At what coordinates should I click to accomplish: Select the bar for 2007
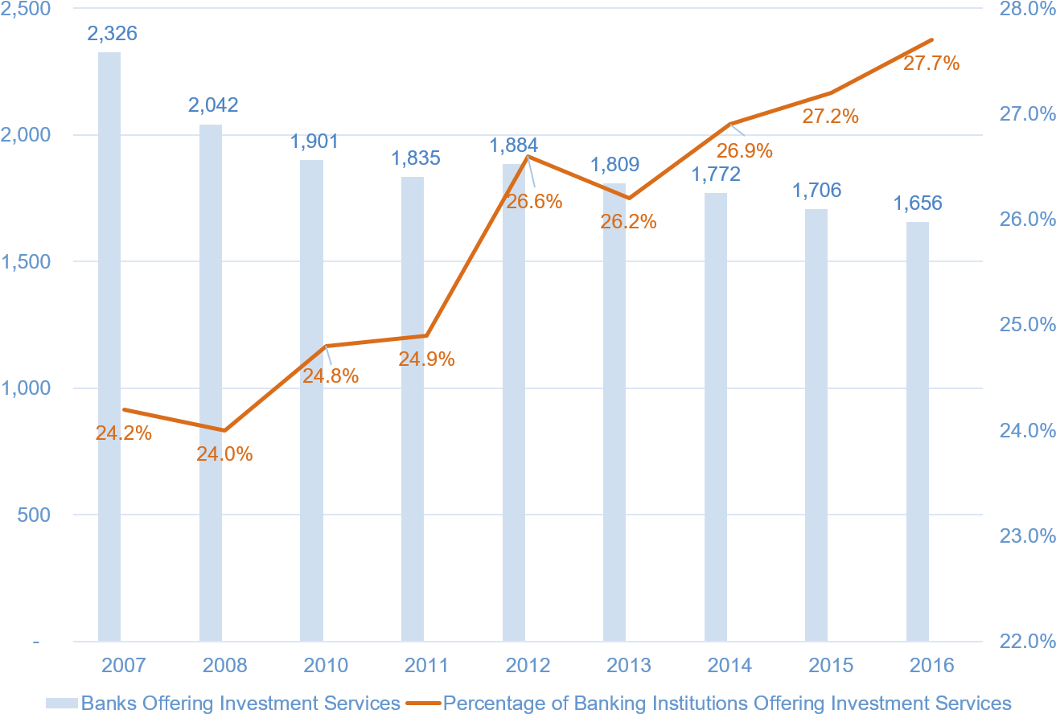coord(109,347)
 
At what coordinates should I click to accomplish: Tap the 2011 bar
coord(413,409)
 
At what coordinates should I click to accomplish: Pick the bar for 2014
coord(716,417)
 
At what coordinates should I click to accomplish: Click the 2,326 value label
coord(112,34)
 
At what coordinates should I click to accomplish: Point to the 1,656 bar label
coord(918,203)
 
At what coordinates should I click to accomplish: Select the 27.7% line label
coord(931,64)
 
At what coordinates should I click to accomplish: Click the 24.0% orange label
coord(224,454)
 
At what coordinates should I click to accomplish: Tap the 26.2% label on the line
coord(628,222)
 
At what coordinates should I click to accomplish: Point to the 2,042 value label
coord(213,105)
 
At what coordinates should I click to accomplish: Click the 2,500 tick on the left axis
coord(27,9)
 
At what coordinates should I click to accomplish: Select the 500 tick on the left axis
coord(35,515)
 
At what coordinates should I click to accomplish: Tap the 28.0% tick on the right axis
coord(1027,9)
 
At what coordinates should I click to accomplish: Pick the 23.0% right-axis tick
coord(1027,536)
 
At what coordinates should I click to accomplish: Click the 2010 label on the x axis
coord(325,666)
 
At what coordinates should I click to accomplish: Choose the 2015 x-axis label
coord(831,666)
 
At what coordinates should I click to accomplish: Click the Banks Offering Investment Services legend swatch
coord(62,703)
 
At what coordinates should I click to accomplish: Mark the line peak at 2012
coord(528,156)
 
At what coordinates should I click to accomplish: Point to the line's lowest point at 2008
coord(224,431)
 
